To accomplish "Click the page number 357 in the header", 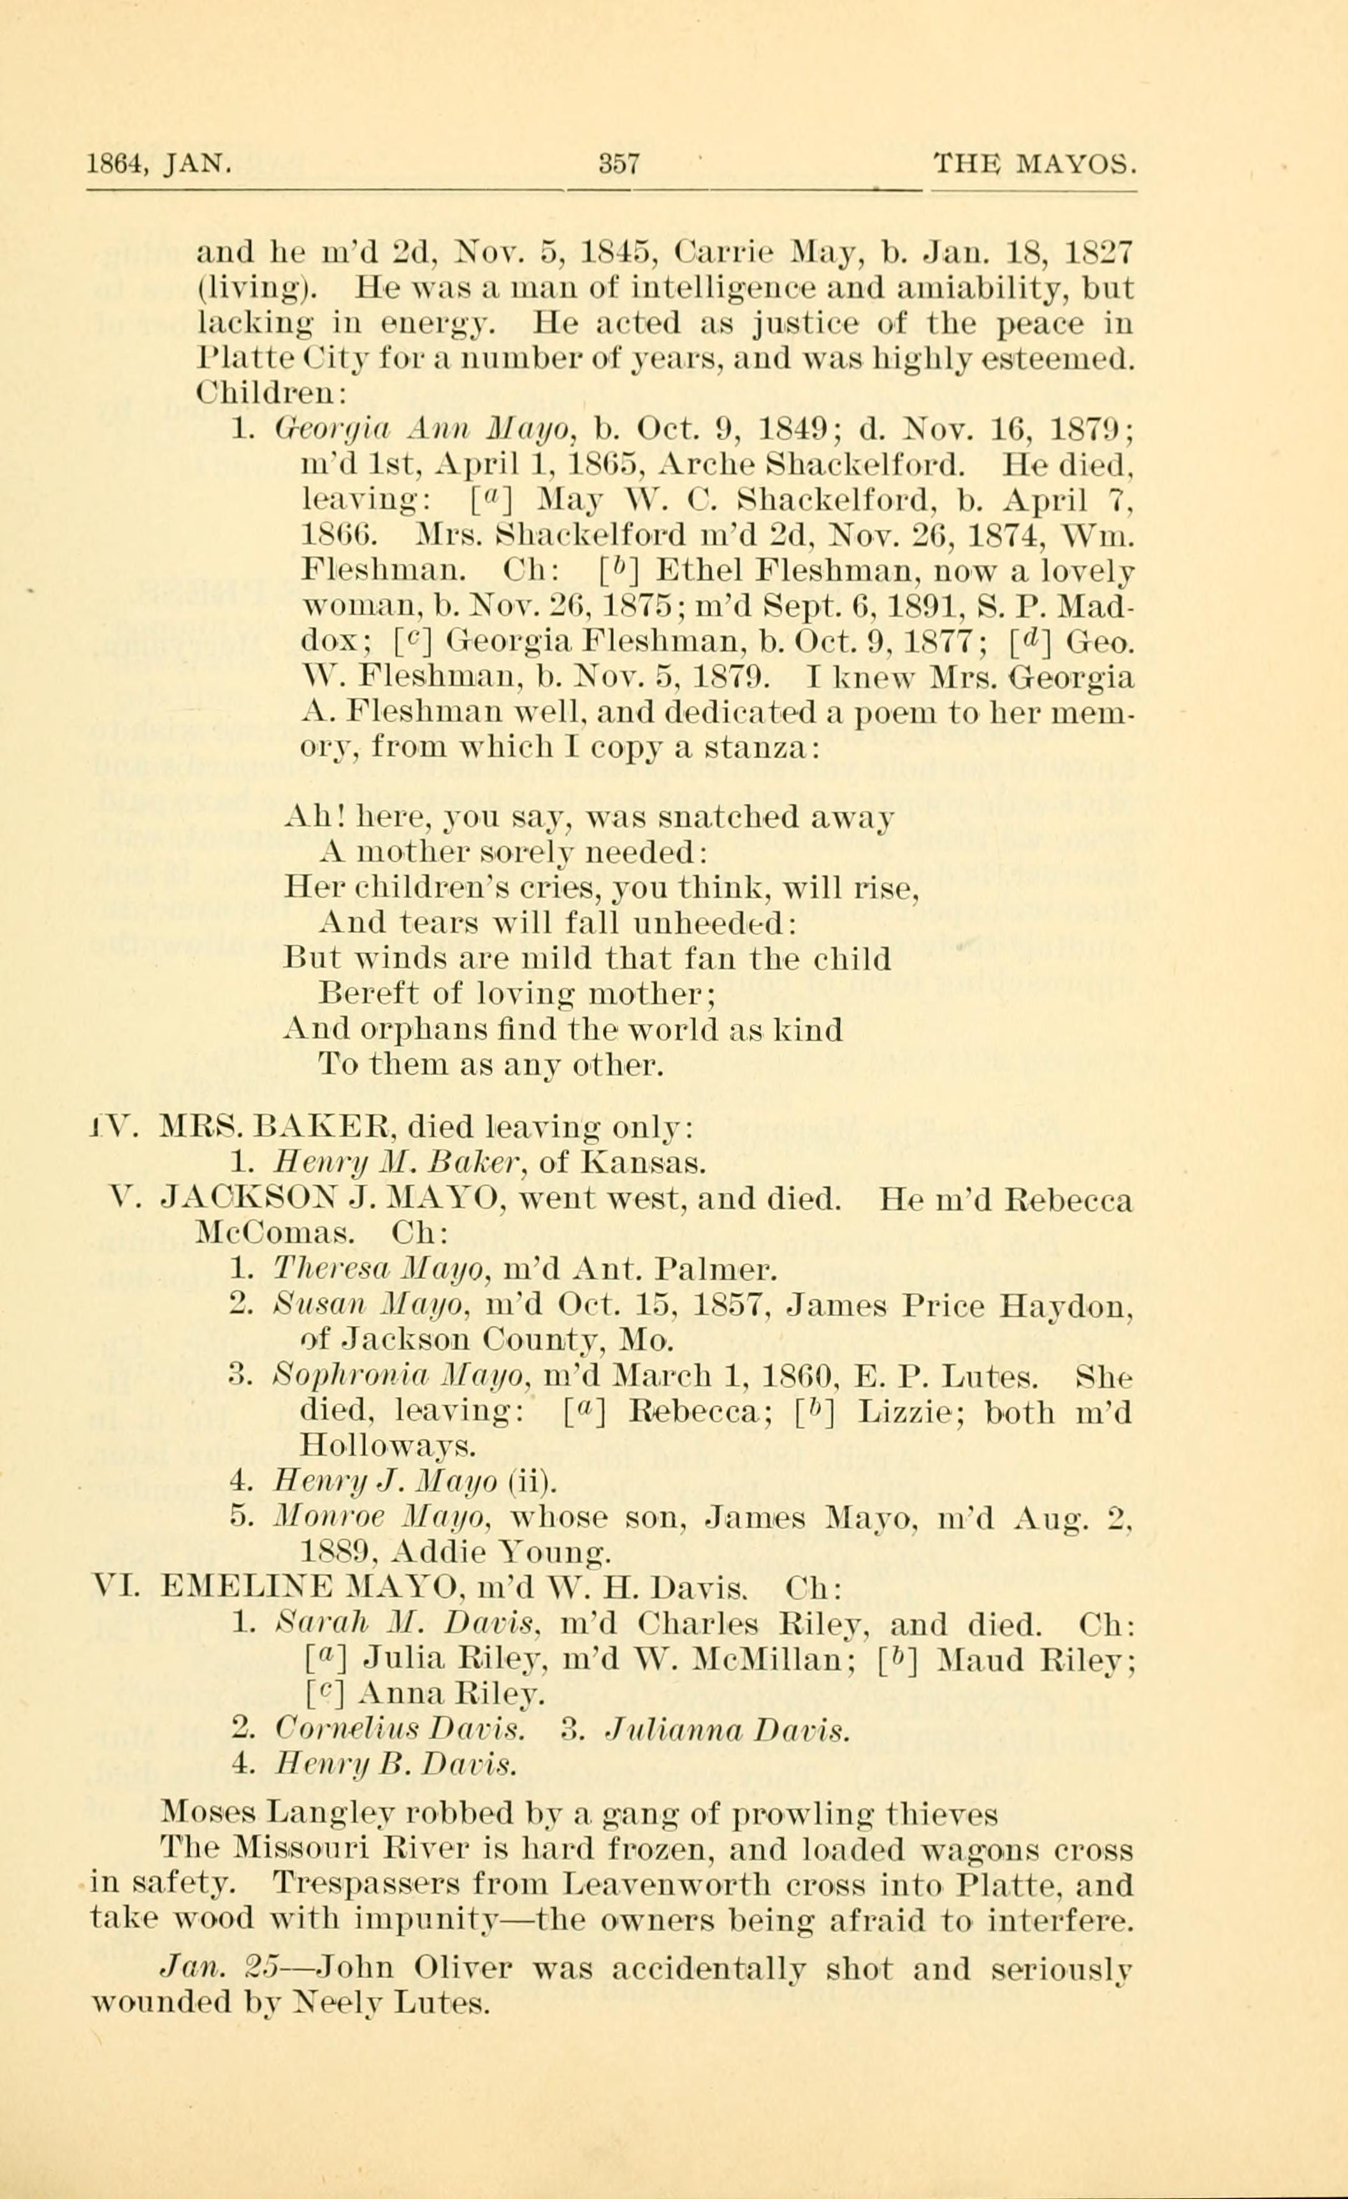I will click(x=620, y=165).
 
